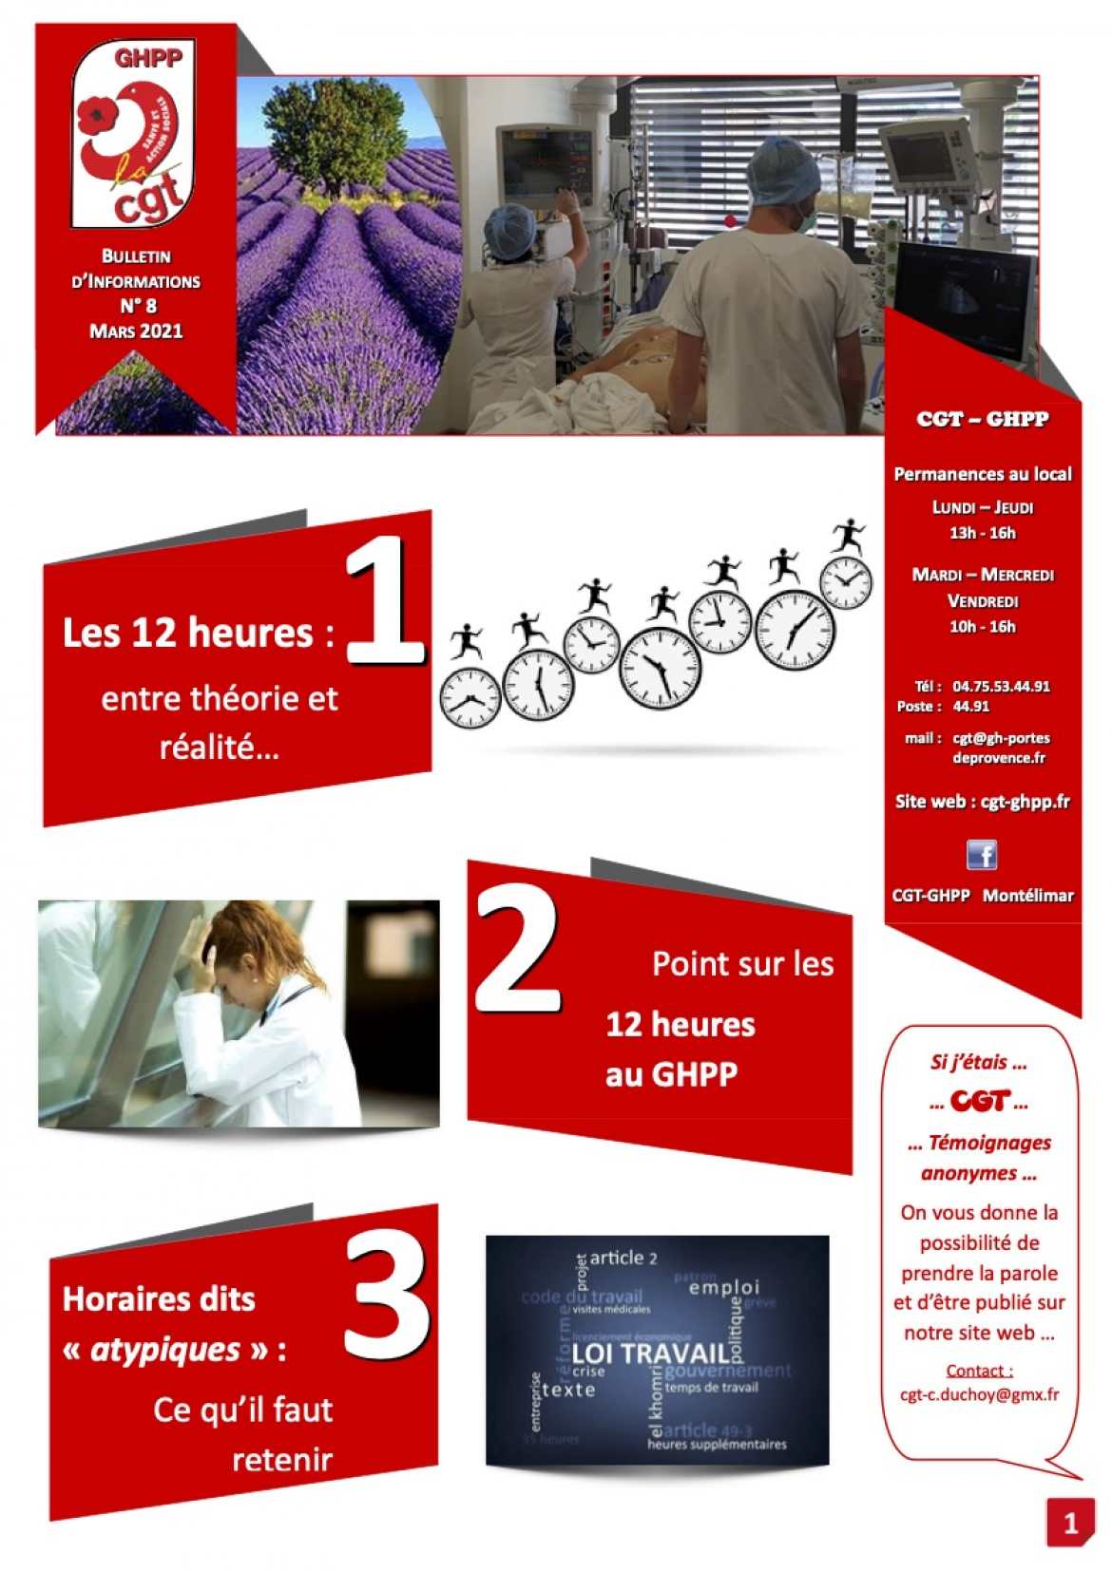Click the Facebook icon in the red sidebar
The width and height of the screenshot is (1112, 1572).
(981, 854)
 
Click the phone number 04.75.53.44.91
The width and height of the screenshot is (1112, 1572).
(1001, 686)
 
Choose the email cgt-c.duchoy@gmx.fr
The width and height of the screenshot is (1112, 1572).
(979, 1394)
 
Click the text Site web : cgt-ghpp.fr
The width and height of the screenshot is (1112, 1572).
(982, 801)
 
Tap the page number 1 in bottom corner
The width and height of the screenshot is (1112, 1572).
(1070, 1523)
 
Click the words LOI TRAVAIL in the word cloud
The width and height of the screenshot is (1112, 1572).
(650, 1353)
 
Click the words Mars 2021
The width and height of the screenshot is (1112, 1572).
(136, 331)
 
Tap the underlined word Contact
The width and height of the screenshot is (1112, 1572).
(979, 1370)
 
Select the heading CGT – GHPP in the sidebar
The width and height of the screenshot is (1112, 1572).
(982, 419)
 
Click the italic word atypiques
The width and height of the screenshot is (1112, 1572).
(164, 1349)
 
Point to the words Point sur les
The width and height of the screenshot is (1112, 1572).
(742, 963)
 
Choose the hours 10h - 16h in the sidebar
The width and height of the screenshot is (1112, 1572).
(982, 626)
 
